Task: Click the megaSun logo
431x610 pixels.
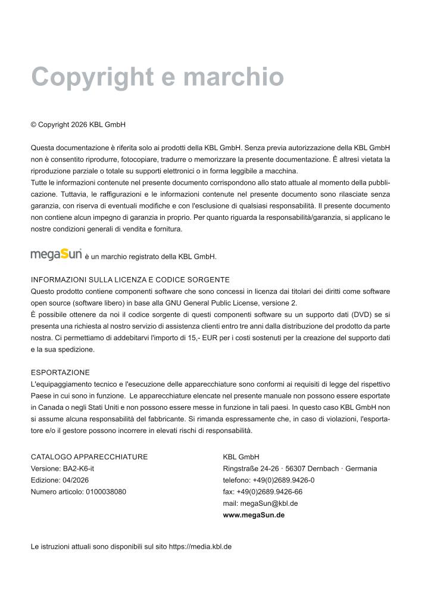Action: [57, 255]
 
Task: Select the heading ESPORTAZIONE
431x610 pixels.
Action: [60, 372]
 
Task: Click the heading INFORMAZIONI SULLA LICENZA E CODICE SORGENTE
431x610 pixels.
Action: [130, 279]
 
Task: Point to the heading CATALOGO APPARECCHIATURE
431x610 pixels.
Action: [89, 457]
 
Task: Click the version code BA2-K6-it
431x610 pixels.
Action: [79, 468]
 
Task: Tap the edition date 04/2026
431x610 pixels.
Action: [73, 480]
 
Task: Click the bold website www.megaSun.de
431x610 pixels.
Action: [254, 515]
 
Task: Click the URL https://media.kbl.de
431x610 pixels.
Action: [200, 546]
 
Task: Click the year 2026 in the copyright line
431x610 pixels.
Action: [79, 125]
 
